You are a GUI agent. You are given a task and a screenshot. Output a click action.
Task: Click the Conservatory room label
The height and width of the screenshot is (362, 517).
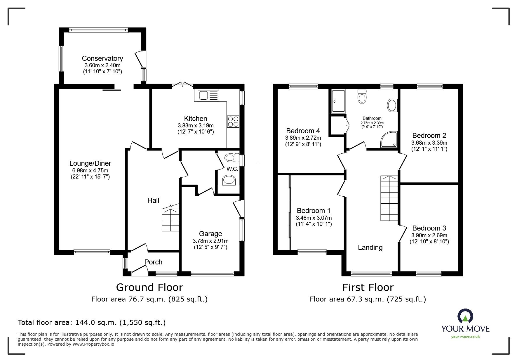(x=102, y=58)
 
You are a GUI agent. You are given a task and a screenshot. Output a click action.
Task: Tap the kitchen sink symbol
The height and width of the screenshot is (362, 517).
(x=208, y=96)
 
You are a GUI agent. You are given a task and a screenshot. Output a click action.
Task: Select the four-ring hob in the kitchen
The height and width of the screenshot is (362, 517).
(x=233, y=122)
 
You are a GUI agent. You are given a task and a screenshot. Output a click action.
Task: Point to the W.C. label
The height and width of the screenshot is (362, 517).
(x=232, y=169)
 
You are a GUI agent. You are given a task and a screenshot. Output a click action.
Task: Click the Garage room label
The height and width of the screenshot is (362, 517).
(x=210, y=234)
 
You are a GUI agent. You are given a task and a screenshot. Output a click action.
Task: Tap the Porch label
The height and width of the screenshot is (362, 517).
(x=153, y=262)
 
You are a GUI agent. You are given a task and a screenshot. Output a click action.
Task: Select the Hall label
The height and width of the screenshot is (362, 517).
(x=153, y=200)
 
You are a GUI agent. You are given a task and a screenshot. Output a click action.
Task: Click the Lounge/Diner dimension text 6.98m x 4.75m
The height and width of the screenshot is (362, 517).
(x=90, y=170)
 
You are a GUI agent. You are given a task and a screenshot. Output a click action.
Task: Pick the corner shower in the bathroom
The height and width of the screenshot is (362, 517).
(x=389, y=139)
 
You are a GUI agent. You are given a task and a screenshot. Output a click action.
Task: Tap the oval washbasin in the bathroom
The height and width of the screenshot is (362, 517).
(x=392, y=105)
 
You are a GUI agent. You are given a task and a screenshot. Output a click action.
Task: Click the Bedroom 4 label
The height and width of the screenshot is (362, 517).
(x=303, y=131)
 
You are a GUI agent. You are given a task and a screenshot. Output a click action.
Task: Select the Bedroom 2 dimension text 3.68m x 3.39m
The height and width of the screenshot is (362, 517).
(x=429, y=143)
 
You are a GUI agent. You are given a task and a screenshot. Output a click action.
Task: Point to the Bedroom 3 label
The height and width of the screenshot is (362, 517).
(x=429, y=228)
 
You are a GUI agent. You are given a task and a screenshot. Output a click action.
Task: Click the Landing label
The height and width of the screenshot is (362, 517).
(x=370, y=247)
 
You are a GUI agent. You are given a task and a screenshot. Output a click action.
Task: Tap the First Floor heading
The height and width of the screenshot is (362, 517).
(x=368, y=287)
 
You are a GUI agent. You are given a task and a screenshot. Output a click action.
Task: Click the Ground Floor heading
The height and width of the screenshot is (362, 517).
(x=149, y=287)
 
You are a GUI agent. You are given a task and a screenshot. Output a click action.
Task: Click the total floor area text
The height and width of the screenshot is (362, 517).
(x=92, y=323)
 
